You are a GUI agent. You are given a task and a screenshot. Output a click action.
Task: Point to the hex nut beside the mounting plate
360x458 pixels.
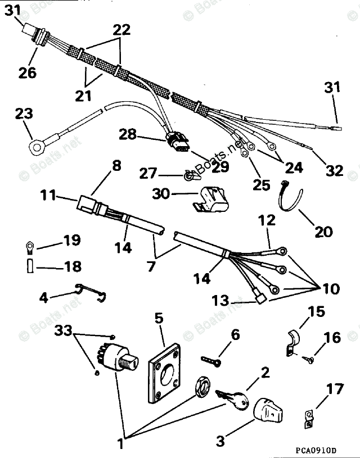(x=201, y=388)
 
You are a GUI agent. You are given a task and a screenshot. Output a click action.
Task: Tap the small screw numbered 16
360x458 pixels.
(x=308, y=357)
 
